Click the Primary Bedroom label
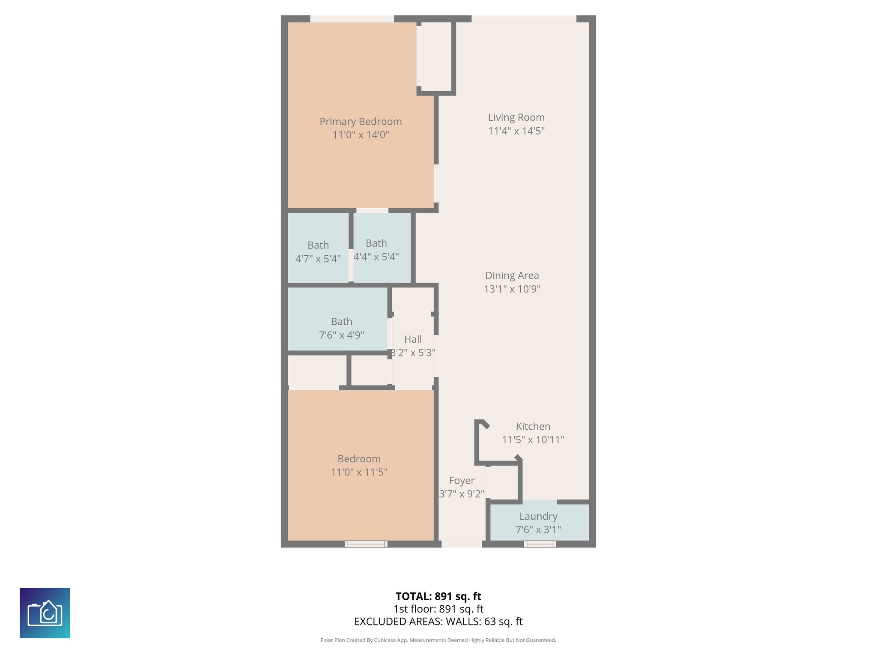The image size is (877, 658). coord(361,122)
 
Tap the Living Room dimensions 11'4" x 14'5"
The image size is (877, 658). coord(516,131)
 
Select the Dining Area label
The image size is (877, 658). coord(512,275)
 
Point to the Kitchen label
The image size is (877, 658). coord(533,426)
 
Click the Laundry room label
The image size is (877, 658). coord(538,516)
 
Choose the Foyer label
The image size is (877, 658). coord(462,481)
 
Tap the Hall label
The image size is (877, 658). coord(413,339)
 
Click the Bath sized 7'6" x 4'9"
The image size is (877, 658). coord(341,328)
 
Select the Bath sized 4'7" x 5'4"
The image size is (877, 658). coord(318,252)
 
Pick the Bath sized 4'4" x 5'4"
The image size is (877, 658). coord(376,250)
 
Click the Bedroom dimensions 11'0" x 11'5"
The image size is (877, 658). coord(359,472)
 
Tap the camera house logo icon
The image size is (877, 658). coord(45,613)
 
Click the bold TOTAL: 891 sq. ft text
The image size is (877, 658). coord(438,596)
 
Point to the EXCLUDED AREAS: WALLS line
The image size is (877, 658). coord(438,622)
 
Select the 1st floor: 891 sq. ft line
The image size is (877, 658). coord(438,609)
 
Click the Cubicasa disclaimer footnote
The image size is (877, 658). coord(438,640)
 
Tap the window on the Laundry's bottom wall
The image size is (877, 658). coord(540,544)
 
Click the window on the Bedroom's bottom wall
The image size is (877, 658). coord(366,544)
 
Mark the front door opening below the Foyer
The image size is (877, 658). coord(462,544)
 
